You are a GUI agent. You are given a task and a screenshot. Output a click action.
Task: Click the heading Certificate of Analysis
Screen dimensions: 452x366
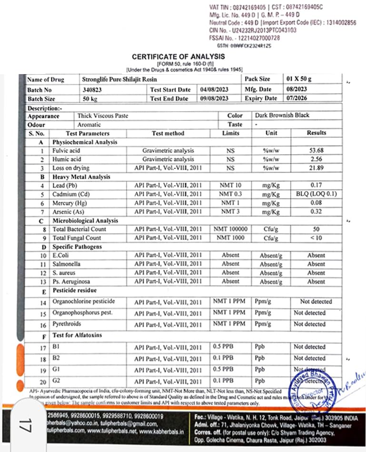pyautogui.click(x=178, y=57)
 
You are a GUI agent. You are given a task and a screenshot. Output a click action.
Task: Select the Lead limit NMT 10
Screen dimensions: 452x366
pyautogui.click(x=230, y=186)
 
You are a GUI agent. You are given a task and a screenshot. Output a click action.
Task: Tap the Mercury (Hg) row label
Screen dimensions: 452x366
pyautogui.click(x=70, y=203)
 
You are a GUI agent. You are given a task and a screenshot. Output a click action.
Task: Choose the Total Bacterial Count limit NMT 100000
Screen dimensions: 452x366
pyautogui.click(x=230, y=229)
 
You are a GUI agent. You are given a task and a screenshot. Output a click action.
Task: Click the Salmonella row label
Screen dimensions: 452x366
pyautogui.click(x=67, y=264)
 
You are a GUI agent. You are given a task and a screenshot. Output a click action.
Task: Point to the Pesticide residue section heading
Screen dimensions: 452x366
pyautogui.click(x=74, y=290)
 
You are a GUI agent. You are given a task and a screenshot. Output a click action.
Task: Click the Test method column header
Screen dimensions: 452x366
pyautogui.click(x=168, y=133)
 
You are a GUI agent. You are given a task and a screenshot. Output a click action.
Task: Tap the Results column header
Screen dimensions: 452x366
pyautogui.click(x=317, y=133)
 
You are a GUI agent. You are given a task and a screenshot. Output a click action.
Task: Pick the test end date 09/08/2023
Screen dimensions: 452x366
pyautogui.click(x=214, y=98)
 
